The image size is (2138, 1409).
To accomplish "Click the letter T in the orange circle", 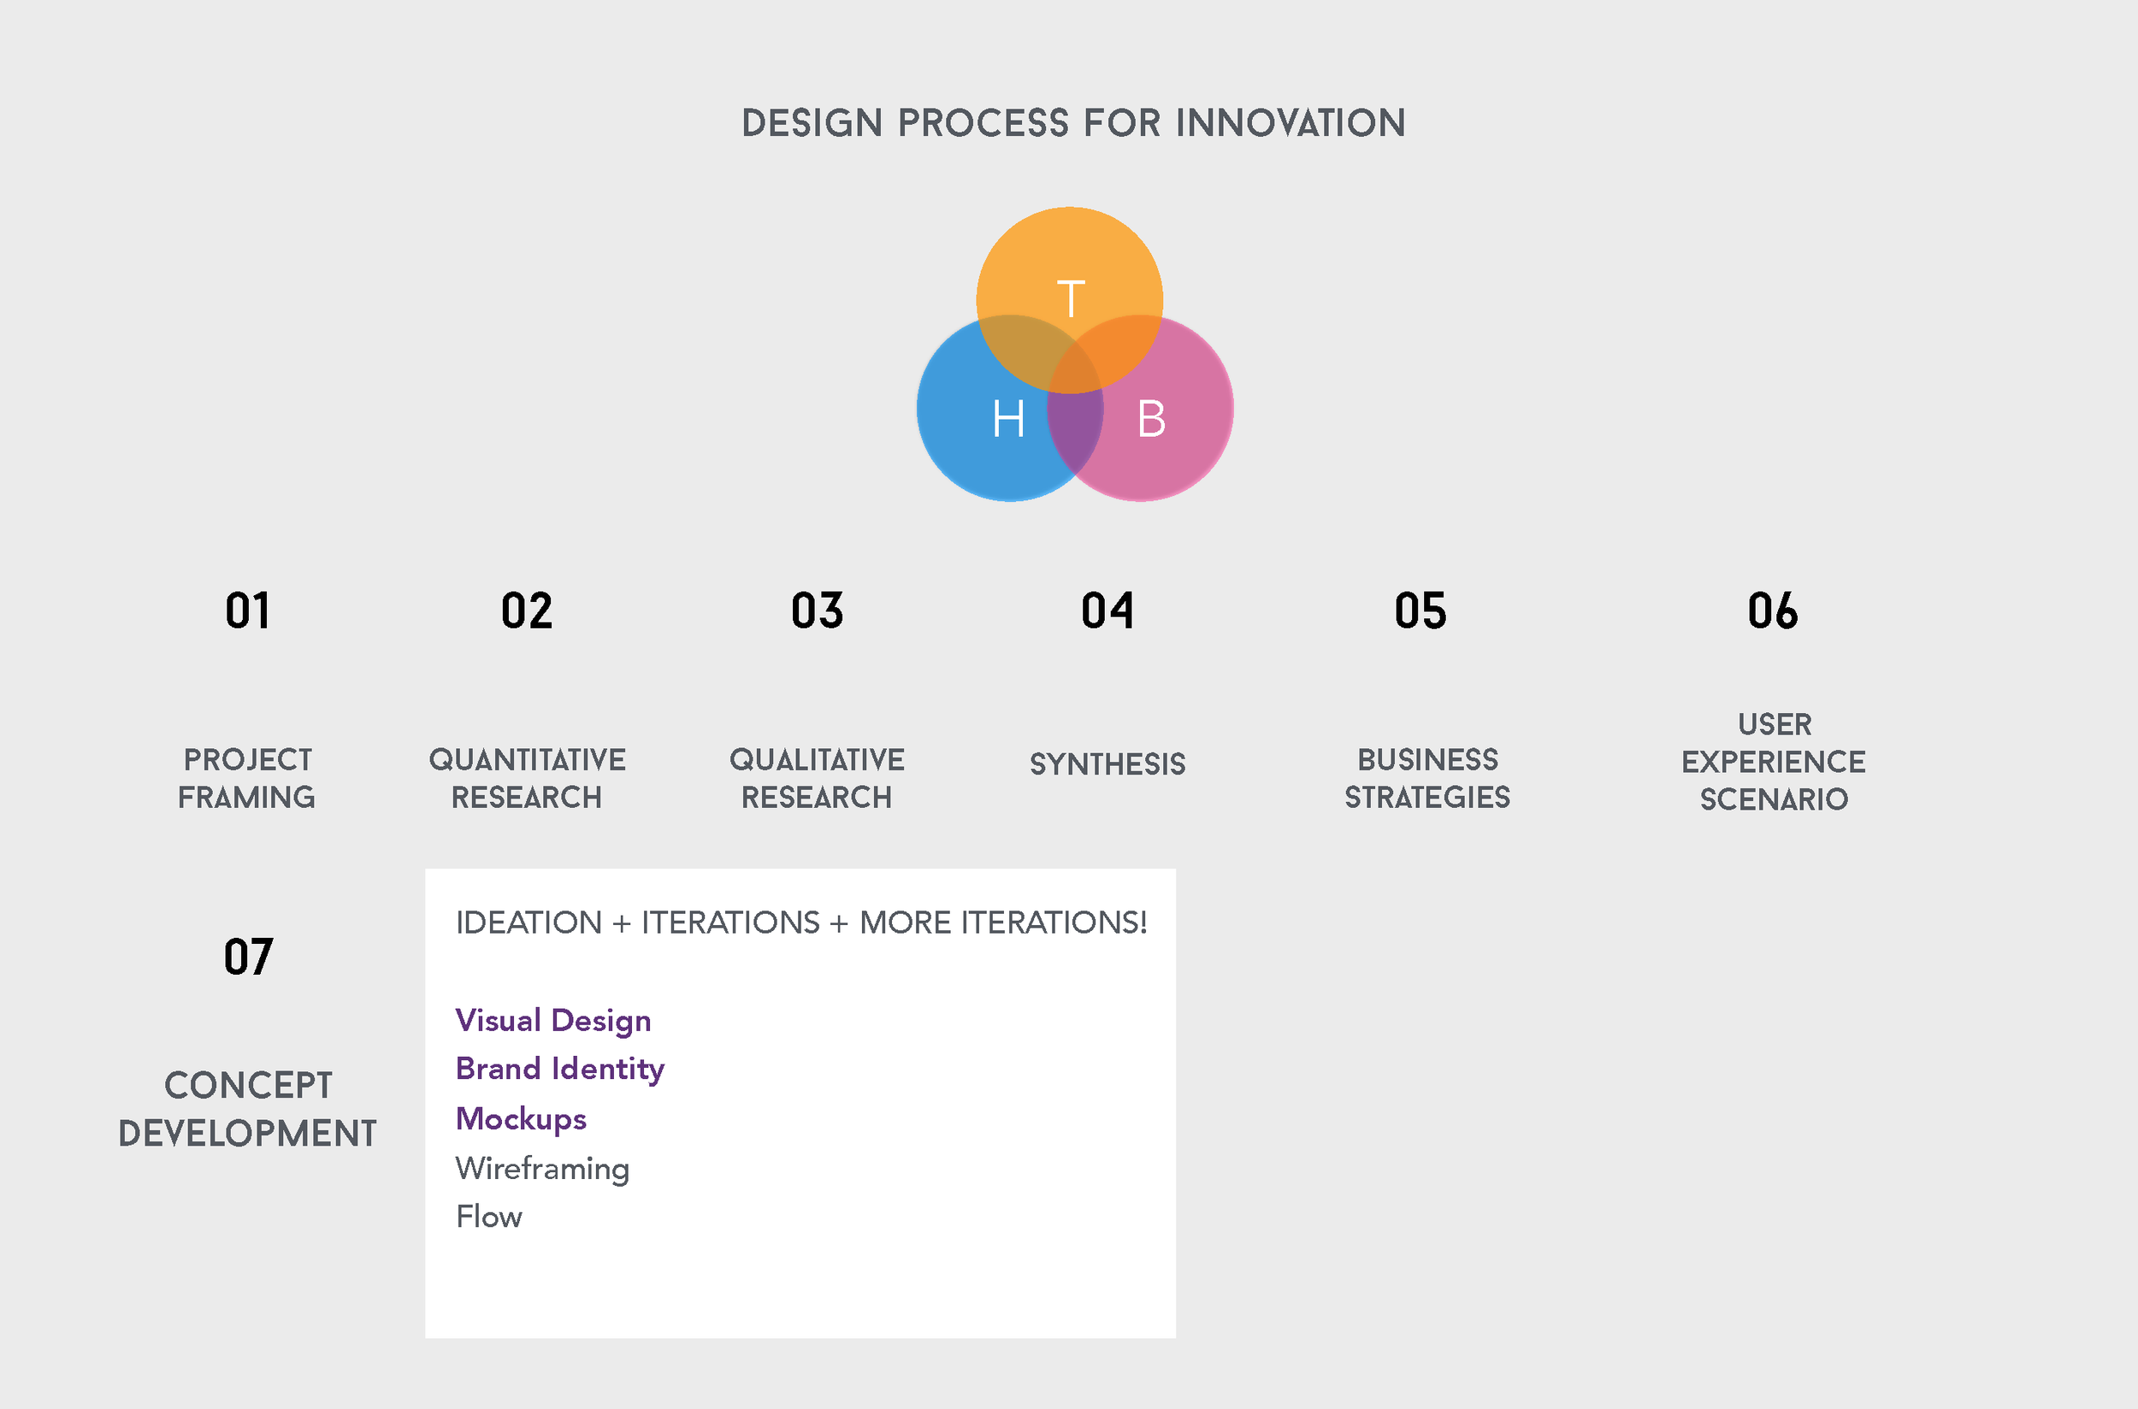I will pos(1071,299).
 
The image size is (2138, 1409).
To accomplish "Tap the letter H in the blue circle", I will pos(1008,419).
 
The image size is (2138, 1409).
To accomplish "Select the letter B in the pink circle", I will pos(1151,419).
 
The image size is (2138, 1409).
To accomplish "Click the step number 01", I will pos(247,611).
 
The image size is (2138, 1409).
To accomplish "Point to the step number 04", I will pos(1107,611).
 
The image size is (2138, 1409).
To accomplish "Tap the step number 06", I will pos(1772,611).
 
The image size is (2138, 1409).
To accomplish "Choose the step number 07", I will pos(248,957).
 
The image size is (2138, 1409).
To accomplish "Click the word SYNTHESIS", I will pos(1107,763).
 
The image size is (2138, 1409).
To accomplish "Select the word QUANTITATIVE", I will pos(527,760).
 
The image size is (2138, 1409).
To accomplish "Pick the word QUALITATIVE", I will pos(817,760).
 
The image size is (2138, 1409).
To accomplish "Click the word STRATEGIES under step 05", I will pos(1427,797).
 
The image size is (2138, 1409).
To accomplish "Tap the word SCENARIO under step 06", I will pos(1773,799).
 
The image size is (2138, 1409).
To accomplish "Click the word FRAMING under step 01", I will pos(246,797).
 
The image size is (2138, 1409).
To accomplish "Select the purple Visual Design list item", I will pos(552,1021).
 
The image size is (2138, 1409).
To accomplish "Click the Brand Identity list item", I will pos(559,1070).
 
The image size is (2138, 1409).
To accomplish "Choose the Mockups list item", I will pos(520,1119).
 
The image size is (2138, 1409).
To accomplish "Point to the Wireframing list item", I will pos(542,1168).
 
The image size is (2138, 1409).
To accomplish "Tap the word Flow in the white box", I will pos(489,1217).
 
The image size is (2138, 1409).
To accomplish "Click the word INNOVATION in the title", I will pos(1290,123).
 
